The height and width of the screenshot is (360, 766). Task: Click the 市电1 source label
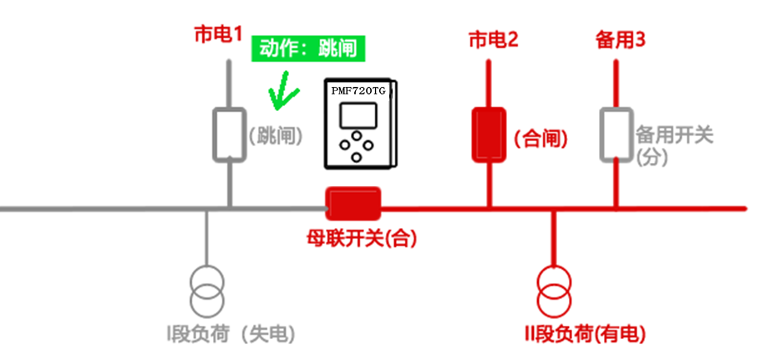click(218, 36)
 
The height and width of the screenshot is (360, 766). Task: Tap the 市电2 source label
click(494, 38)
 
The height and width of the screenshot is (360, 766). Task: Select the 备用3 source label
click(619, 38)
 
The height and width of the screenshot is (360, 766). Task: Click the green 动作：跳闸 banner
click(308, 48)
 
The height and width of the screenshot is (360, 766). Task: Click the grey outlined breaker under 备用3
click(616, 134)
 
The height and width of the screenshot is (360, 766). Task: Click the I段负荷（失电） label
click(231, 335)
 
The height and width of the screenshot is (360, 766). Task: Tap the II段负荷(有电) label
click(580, 335)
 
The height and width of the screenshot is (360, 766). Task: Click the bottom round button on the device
click(357, 156)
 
